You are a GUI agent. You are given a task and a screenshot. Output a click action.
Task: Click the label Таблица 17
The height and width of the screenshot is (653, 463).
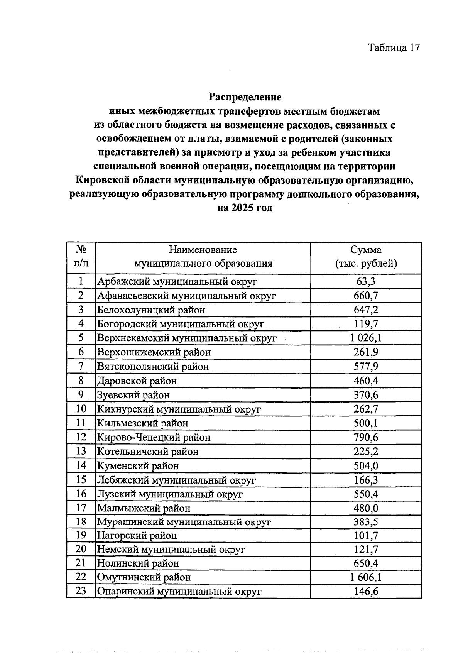pyautogui.click(x=393, y=47)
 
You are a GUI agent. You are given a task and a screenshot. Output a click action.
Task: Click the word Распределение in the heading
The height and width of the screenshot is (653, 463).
pyautogui.click(x=245, y=97)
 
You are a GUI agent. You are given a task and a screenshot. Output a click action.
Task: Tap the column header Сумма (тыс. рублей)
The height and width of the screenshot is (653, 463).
pyautogui.click(x=366, y=257)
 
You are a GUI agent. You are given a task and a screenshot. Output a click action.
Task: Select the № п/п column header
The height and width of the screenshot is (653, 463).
pyautogui.click(x=81, y=257)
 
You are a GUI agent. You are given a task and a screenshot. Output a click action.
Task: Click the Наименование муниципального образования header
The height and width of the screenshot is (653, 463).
pyautogui.click(x=203, y=257)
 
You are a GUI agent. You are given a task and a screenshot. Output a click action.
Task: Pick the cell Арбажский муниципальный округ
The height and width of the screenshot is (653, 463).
pyautogui.click(x=177, y=282)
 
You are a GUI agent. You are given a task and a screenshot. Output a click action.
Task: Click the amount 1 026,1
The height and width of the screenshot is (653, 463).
pyautogui.click(x=366, y=338)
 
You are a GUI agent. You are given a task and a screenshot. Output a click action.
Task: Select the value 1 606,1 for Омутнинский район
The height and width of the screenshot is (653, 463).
pyautogui.click(x=366, y=577)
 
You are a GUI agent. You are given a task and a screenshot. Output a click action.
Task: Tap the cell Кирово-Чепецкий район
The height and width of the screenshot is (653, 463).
pyautogui.click(x=154, y=438)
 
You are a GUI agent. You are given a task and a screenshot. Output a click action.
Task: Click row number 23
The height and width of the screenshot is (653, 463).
pyautogui.click(x=81, y=591)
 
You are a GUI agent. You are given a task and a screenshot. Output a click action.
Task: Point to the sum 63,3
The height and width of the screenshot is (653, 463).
pyautogui.click(x=366, y=282)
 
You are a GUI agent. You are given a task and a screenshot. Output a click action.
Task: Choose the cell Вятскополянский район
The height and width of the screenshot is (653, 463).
pyautogui.click(x=153, y=367)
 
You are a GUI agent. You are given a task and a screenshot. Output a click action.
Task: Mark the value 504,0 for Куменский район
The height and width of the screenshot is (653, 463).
pyautogui.click(x=366, y=466)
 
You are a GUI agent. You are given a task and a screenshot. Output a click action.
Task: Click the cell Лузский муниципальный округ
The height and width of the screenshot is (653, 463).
pyautogui.click(x=170, y=494)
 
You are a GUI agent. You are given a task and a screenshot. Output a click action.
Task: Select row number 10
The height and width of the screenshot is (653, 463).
pyautogui.click(x=81, y=409)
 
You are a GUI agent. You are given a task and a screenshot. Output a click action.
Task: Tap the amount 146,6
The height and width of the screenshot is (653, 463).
pyautogui.click(x=366, y=591)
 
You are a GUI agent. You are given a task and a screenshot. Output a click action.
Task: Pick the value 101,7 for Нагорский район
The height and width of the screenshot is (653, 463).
pyautogui.click(x=366, y=536)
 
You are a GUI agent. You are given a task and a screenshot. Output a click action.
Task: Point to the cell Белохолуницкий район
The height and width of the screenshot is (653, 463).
pyautogui.click(x=151, y=310)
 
